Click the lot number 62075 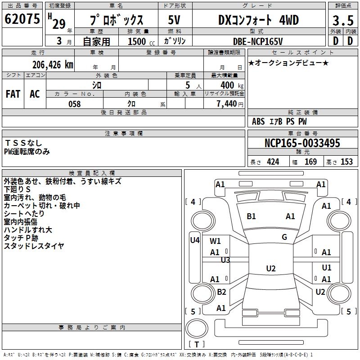tap(22, 19)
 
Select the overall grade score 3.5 tap(343, 21)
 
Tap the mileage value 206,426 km tap(53, 65)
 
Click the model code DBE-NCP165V tap(258, 41)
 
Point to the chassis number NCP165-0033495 tap(302, 143)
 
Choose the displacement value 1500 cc tap(141, 41)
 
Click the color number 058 tap(75, 104)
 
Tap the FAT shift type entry tap(13, 94)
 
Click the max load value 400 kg tap(232, 85)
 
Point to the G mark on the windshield tap(284, 237)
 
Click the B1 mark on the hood tap(251, 216)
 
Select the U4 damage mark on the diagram tap(195, 240)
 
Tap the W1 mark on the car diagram tap(215, 241)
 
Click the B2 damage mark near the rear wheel tap(221, 292)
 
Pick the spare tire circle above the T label tap(197, 328)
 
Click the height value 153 tap(346, 162)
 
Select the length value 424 tap(273, 162)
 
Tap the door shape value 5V tap(174, 20)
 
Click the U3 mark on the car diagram tap(225, 260)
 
